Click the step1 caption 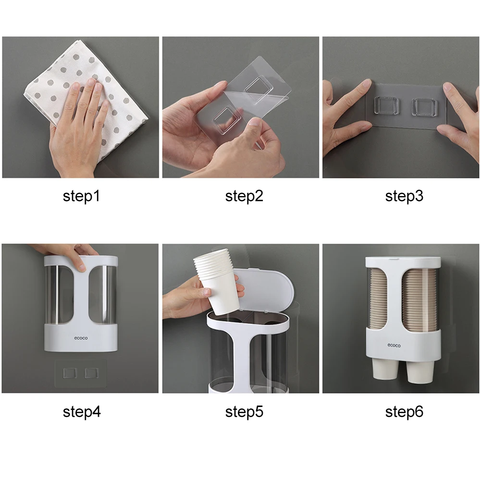pos(81,197)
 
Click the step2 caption pos(244,197)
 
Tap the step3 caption pos(404,197)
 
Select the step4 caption pos(82,412)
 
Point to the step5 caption pos(244,412)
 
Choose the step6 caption pos(404,412)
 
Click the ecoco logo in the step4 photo pos(81,338)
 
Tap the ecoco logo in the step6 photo pos(394,345)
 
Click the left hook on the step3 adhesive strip pos(386,107)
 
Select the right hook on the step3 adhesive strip pos(425,107)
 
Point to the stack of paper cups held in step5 pos(217,281)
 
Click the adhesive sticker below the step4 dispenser pos(81,373)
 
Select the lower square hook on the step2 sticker pos(227,120)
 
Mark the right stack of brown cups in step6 pos(419,301)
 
